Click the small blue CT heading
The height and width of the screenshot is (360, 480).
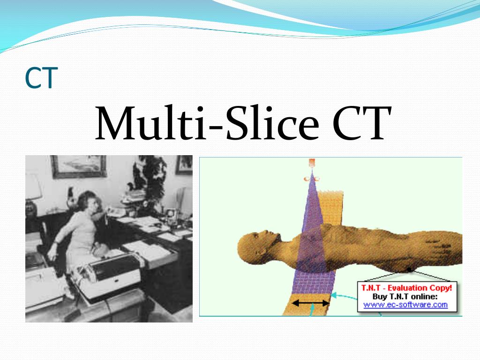(41, 78)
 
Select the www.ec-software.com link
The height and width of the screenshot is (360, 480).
(405, 305)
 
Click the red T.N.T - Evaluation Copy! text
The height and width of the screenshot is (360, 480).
(406, 288)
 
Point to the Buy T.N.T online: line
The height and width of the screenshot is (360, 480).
(405, 296)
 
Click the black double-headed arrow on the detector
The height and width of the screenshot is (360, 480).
(310, 303)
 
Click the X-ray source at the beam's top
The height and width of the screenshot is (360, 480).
(312, 163)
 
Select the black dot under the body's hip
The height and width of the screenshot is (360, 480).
(409, 270)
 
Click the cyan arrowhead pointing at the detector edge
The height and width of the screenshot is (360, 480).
(334, 295)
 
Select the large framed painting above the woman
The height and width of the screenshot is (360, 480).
(79, 166)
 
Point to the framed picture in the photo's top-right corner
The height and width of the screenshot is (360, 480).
(184, 165)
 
